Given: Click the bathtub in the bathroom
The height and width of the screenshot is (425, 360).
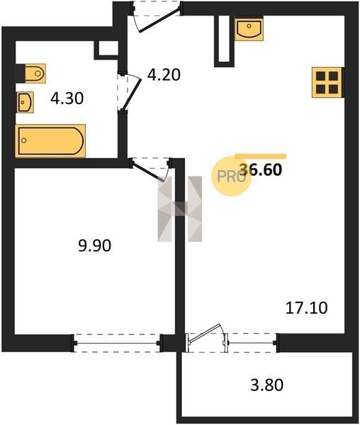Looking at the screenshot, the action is pos(50,141).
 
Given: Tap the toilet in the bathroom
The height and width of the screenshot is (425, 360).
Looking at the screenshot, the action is pos(35,73).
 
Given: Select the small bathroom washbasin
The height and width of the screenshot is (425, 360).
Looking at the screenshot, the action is pos(26,102).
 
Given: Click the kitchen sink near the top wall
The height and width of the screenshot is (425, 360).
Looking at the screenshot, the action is pos(249,29).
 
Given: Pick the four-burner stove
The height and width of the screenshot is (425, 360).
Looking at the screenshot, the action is pos(327,82).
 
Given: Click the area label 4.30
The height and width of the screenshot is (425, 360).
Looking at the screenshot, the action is pos(67,98).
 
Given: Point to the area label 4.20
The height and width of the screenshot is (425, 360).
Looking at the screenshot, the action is pos(164,75).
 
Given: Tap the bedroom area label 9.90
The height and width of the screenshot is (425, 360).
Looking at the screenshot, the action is pos(95,246).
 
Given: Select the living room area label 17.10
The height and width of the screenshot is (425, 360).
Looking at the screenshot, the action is pos(307,308).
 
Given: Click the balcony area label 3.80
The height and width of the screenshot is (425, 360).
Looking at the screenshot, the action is pos(266,385).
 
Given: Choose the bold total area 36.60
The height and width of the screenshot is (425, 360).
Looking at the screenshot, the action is pos(261,170).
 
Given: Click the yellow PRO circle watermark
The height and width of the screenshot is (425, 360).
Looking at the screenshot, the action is pos(231,176).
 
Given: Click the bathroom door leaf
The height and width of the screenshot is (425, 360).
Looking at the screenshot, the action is pos(133,93).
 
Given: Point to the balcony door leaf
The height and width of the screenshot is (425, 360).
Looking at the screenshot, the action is pos(206,333).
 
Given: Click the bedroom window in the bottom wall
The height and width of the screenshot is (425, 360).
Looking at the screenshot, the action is pos(118,343).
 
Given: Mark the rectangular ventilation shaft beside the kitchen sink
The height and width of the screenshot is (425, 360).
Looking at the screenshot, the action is pos(224,41).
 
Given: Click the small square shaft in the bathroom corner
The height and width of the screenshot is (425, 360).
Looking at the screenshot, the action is pos(106,50).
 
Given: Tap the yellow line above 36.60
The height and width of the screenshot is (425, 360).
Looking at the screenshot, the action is pos(261,156).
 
